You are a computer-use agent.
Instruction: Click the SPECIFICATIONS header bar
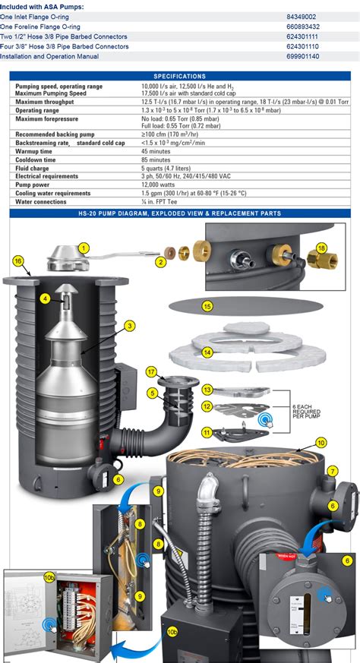pyautogui.click(x=179, y=76)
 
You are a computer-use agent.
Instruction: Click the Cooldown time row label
pyautogui.click(x=36, y=160)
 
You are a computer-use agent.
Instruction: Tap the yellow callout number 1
pyautogui.click(x=84, y=248)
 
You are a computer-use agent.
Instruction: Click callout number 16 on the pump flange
pyautogui.click(x=17, y=260)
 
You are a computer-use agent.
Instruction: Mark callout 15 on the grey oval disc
pyautogui.click(x=207, y=306)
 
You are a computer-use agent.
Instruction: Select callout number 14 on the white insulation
pyautogui.click(x=207, y=352)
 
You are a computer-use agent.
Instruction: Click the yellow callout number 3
pyautogui.click(x=130, y=326)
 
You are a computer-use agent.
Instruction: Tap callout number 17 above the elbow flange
pyautogui.click(x=152, y=371)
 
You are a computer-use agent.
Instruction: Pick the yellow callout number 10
pyautogui.click(x=321, y=442)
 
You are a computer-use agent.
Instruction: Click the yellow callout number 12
pyautogui.click(x=207, y=406)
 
